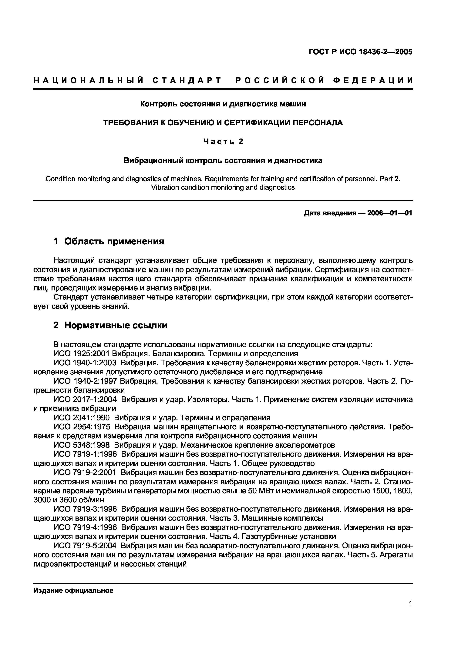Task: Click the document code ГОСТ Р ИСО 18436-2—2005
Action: (360, 52)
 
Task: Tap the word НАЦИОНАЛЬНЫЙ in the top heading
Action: (88, 80)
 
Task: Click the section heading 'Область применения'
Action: (114, 241)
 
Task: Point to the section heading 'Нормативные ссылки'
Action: (115, 325)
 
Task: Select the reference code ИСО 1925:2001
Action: (82, 353)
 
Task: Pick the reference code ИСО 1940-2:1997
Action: (85, 381)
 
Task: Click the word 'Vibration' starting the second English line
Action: (163, 187)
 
